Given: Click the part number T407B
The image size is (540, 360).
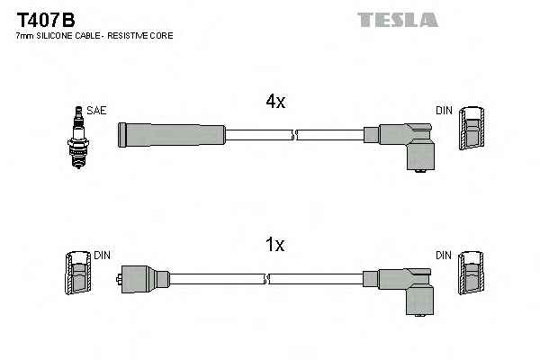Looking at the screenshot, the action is (46, 21).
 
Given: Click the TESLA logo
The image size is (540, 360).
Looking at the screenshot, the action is (398, 20).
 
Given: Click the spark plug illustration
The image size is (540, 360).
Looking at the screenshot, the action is (78, 137).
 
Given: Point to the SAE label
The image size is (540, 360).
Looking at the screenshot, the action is (96, 110).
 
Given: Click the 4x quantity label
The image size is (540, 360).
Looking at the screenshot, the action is (275, 102).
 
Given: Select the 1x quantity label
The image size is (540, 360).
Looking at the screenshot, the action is (274, 245).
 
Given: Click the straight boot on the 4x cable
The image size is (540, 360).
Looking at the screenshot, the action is (172, 135).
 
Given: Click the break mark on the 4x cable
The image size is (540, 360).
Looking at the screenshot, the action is (295, 135).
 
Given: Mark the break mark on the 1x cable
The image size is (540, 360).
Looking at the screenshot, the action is (267, 279).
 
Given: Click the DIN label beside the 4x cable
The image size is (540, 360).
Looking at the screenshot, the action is (444, 110).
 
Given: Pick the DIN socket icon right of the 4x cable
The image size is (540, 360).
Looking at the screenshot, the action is (472, 128).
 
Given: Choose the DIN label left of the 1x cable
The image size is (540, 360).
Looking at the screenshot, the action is (102, 256).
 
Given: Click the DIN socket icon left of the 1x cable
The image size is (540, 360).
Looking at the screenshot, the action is (78, 273).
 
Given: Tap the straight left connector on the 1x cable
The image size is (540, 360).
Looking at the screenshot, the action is (143, 279).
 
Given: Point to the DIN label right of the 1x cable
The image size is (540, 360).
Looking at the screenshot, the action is (444, 256).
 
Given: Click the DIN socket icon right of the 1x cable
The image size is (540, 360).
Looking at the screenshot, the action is (471, 273).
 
